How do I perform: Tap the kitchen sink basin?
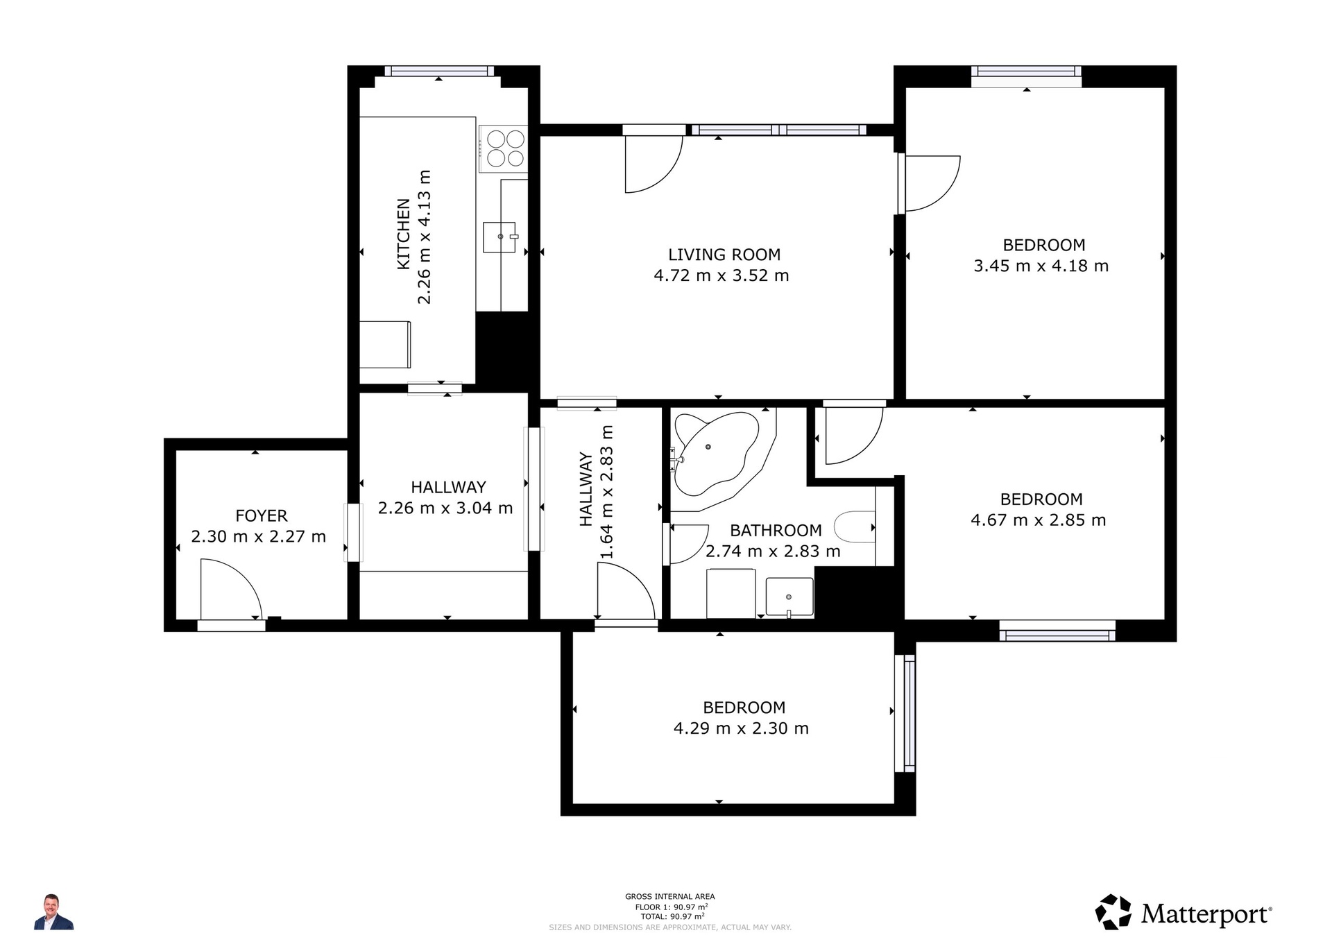499,237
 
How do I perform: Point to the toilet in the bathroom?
855,527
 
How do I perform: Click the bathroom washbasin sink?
789,597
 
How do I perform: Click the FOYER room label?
262,515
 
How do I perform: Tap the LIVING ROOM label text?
724,255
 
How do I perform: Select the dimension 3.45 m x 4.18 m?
1041,266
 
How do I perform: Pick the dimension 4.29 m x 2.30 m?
741,728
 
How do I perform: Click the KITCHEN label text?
403,234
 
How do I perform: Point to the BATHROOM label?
776,531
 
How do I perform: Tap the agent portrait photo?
53,911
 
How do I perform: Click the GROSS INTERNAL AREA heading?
669,897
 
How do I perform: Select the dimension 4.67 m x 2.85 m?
1039,520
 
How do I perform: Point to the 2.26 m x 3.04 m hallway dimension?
445,508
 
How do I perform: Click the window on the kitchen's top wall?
439,71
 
